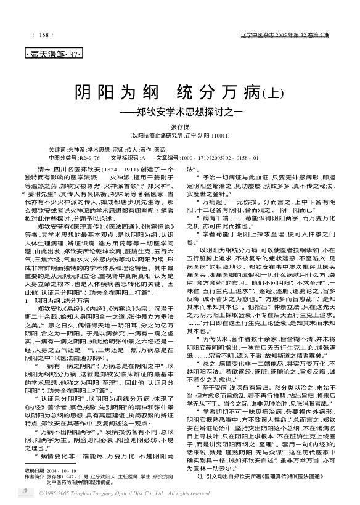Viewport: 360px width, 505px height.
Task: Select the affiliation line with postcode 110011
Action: coord(179,134)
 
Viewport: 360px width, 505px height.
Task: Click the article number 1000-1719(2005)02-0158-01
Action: coord(222,158)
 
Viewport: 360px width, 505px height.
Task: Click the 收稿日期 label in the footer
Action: coord(35,469)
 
